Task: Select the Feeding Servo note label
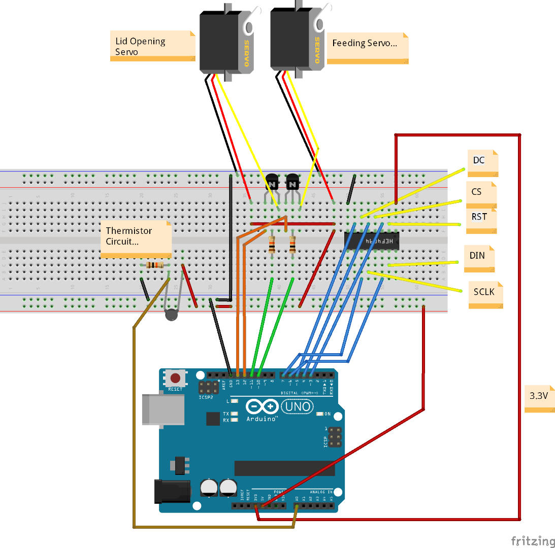tap(367, 48)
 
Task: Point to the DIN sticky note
tap(479, 258)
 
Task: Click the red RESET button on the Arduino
tap(176, 378)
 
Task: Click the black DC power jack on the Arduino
tap(172, 491)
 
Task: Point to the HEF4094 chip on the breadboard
tap(372, 241)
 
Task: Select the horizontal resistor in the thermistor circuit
tap(154, 265)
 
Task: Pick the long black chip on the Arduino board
tap(284, 468)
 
